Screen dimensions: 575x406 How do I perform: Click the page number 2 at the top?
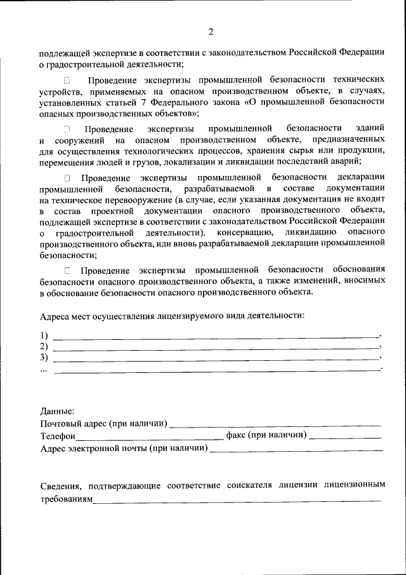pos(211,32)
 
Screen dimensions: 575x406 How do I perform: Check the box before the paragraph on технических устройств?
pos(68,81)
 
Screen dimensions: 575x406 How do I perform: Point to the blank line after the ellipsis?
pos(216,370)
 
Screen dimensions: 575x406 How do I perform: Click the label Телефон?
pos(58,436)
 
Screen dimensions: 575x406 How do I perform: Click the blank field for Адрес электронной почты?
pos(296,449)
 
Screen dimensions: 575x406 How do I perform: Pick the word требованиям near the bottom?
pos(67,499)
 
